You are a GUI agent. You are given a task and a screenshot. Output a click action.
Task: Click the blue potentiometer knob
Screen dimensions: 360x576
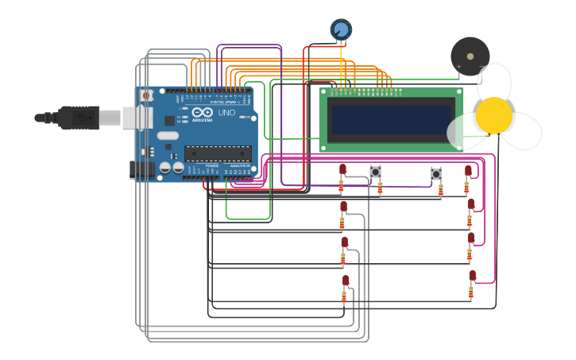pos(341,29)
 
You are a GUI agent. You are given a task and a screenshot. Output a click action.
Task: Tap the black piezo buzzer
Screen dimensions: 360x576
pos(470,56)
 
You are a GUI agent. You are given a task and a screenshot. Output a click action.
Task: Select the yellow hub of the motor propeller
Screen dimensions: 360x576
pos(494,115)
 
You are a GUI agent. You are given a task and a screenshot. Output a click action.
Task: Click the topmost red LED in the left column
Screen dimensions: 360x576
pos(342,169)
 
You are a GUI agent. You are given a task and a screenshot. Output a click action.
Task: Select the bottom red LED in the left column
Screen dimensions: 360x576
pos(346,281)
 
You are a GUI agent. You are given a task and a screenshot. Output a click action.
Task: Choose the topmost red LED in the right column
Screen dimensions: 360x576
pos(468,170)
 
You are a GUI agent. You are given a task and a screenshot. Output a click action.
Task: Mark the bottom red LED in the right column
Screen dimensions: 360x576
pos(472,276)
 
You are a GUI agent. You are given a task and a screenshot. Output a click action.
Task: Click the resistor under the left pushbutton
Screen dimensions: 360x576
pos(380,188)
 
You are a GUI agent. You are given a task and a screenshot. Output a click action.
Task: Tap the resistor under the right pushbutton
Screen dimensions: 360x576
pos(441,190)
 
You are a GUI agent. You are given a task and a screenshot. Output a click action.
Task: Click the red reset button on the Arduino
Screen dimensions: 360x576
pos(146,96)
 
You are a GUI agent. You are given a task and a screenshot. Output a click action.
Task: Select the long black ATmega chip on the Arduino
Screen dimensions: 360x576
pos(218,153)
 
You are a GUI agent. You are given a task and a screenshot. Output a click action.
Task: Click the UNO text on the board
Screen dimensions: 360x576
pos(226,113)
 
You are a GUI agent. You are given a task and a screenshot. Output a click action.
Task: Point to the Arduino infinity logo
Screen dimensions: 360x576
pos(202,113)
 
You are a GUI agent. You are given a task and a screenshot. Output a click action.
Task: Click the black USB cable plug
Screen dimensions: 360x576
pos(78,118)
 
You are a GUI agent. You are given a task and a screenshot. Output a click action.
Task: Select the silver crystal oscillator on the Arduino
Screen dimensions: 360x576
pos(168,136)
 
